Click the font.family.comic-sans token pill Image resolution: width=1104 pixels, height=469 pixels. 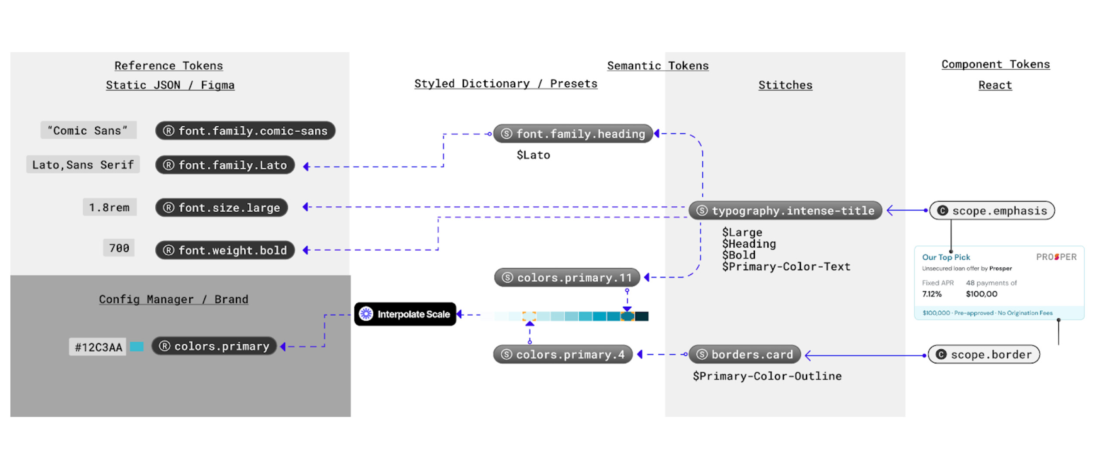pos(245,131)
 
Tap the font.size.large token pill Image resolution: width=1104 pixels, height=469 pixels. pos(221,208)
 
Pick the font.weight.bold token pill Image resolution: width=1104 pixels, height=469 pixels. pos(225,250)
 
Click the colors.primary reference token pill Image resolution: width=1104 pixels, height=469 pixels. pos(214,346)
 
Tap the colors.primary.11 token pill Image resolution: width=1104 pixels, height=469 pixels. pos(567,277)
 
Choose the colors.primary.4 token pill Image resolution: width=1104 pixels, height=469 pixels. pos(563,355)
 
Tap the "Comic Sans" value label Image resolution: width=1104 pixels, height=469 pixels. pos(88,130)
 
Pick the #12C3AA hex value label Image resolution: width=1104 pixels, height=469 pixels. pos(98,347)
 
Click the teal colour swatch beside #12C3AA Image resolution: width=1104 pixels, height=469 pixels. pos(137,346)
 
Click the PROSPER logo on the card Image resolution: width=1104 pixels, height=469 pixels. pos(1056,257)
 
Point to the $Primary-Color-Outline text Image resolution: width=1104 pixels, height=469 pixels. pos(767,376)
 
